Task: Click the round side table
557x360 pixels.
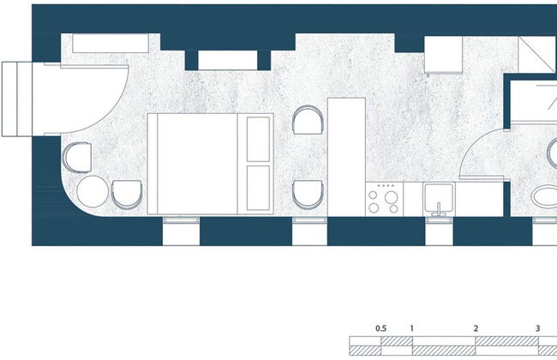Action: pos(93,191)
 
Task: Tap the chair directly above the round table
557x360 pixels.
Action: pos(77,158)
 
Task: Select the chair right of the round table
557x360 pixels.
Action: pos(127,195)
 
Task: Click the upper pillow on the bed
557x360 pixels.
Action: pos(258,139)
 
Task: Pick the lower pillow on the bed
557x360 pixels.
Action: pos(258,188)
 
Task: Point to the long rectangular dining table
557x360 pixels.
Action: pos(346,157)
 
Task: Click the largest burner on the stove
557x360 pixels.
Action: pos(391,197)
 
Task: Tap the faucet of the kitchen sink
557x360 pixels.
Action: pos(439,209)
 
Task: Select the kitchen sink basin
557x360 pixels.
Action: pos(439,197)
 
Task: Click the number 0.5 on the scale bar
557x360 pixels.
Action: pos(380,329)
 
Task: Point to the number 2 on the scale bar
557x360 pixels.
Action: pos(476,329)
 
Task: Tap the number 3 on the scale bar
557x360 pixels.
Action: pos(538,329)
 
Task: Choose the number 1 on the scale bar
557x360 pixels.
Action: pos(411,329)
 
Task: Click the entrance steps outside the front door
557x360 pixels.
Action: pos(17,99)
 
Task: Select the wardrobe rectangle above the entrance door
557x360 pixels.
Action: pos(111,44)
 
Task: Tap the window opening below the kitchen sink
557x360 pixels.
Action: pos(439,231)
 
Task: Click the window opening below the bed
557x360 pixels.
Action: pos(181,231)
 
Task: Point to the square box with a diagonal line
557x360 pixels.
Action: pos(537,55)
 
